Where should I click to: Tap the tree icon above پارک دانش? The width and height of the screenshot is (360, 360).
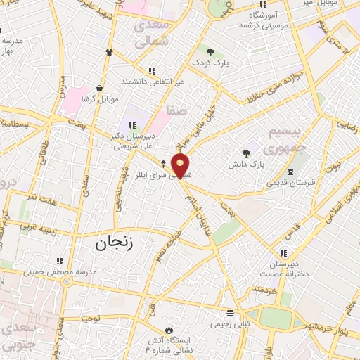click(x=246, y=153)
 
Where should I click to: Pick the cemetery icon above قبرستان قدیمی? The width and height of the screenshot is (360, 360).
click(x=291, y=172)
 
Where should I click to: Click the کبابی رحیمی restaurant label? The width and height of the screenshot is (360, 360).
click(x=229, y=325)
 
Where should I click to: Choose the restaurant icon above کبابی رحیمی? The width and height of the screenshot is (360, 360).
click(x=229, y=313)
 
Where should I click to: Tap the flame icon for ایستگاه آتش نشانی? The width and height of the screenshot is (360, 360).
click(x=169, y=329)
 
